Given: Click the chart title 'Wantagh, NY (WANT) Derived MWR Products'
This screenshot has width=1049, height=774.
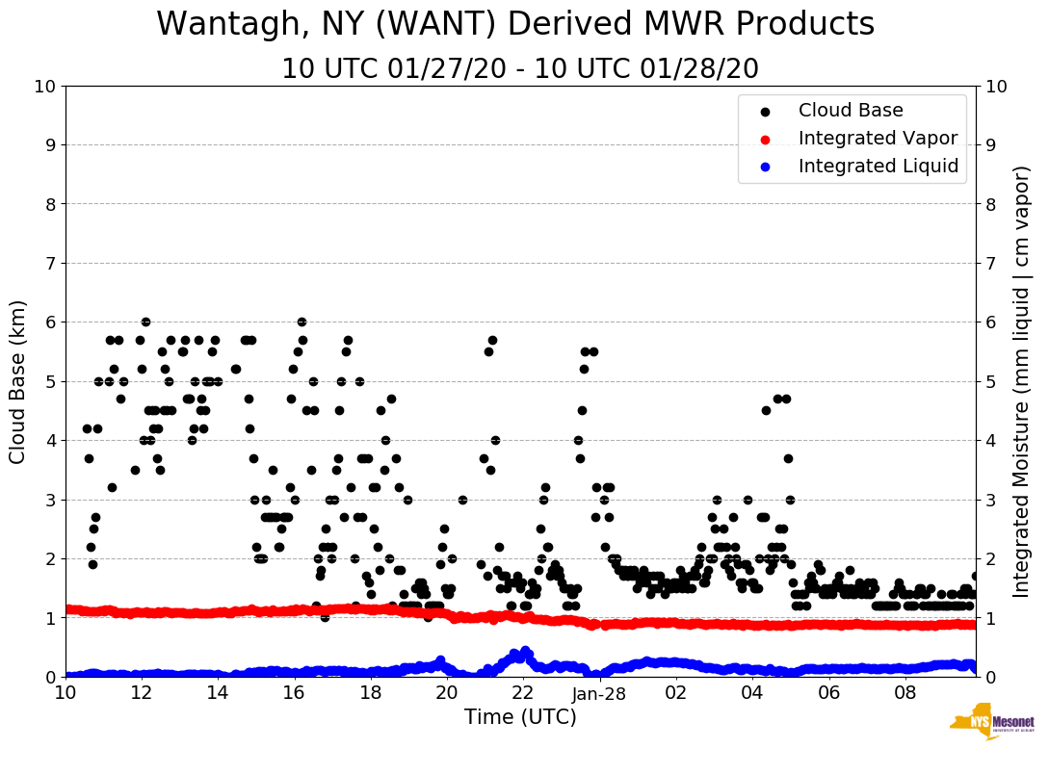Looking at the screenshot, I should [515, 24].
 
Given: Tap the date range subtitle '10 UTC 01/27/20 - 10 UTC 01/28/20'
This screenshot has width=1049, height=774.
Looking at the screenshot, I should [520, 69].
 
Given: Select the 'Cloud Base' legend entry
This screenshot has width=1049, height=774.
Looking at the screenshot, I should [851, 111].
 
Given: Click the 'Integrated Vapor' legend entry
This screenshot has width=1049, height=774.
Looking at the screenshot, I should [878, 139].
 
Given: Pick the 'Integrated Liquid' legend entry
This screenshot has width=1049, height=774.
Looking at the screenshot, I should [878, 167].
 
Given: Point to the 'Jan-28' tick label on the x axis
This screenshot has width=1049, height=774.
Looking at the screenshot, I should [599, 693].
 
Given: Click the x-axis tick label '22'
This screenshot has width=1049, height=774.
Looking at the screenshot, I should [523, 693].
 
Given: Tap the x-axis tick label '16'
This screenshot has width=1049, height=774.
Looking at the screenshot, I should [294, 693].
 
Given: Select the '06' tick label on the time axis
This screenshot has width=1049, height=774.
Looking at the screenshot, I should [828, 693].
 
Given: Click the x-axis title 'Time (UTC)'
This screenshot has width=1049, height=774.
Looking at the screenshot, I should [520, 717].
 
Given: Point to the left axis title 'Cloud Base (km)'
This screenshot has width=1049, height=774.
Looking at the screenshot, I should [18, 381].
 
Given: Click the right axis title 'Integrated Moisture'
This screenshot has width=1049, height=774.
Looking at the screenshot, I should [1022, 381].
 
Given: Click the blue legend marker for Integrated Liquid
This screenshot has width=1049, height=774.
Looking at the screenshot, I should [766, 167].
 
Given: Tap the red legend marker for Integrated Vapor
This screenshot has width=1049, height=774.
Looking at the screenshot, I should [766, 139].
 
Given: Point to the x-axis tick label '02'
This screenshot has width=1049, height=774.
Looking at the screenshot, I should [675, 693].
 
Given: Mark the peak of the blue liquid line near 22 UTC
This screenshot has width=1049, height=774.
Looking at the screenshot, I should [525, 651].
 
